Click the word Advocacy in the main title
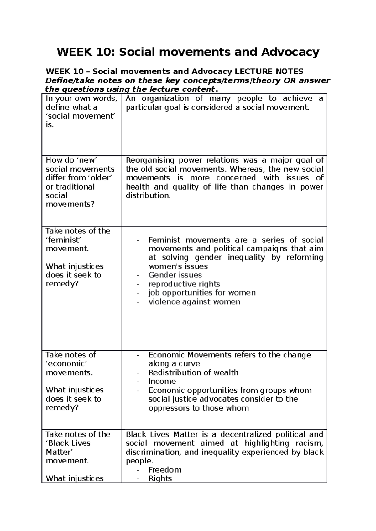(x=290, y=52)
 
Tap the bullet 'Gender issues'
(x=175, y=275)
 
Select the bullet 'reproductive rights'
(x=184, y=284)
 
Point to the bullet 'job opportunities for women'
(x=202, y=293)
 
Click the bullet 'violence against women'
(x=194, y=302)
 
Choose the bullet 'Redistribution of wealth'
(x=193, y=372)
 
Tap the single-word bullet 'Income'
(x=162, y=381)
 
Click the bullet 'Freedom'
(x=165, y=470)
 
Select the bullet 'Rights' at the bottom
(x=160, y=478)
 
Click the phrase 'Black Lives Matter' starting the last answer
(x=162, y=434)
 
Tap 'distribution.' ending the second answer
(x=148, y=196)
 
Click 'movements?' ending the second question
(x=70, y=205)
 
